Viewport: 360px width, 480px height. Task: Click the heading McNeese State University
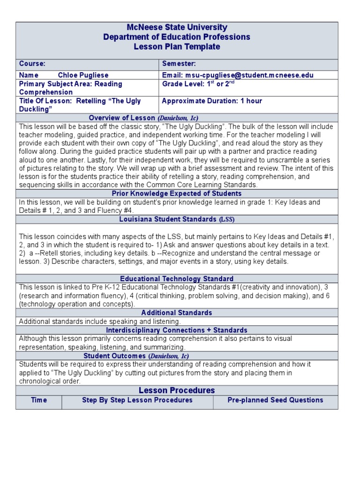(177, 28)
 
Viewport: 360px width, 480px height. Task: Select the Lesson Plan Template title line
(177, 47)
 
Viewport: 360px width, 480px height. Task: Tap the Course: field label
(32, 64)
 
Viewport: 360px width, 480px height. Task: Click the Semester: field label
(179, 64)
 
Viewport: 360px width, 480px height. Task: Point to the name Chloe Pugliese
(83, 75)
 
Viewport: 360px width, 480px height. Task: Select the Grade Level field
(198, 84)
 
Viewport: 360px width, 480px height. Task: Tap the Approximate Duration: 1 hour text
(212, 101)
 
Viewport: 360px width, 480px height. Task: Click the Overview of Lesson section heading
(140, 118)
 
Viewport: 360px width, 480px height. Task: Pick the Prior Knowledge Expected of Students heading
(177, 194)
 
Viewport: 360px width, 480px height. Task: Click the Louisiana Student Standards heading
(177, 219)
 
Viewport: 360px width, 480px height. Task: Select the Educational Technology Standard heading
(177, 278)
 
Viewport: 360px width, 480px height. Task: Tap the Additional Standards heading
(177, 313)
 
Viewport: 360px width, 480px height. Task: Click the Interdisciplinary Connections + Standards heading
(177, 330)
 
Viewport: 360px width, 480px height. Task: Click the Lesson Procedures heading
(177, 390)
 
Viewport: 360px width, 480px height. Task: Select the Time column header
(39, 400)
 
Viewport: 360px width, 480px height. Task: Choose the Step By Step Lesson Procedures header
(137, 400)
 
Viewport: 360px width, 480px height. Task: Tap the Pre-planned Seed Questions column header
(275, 400)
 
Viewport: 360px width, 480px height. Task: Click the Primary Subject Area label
(70, 84)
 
